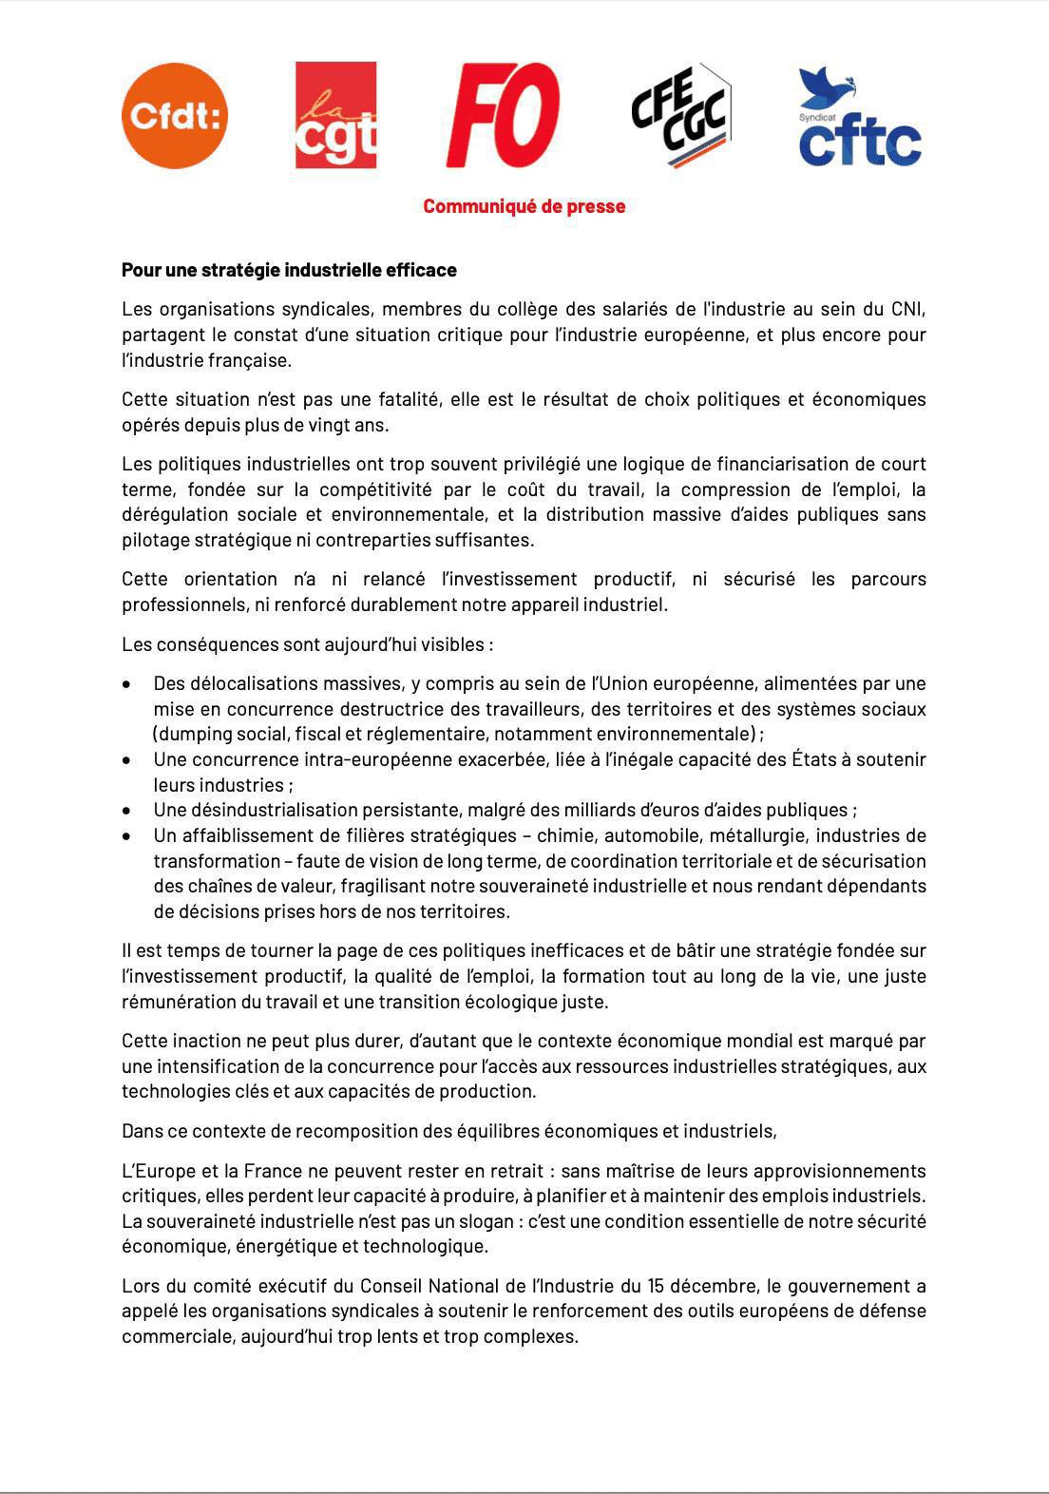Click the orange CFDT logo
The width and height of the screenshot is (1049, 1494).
point(175,116)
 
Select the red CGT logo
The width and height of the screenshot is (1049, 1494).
point(335,116)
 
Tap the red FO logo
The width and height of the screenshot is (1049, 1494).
point(503,116)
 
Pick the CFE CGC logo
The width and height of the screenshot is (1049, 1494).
point(680,116)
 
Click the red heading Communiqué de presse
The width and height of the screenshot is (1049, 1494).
point(524,206)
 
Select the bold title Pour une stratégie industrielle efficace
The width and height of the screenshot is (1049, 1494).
point(289,270)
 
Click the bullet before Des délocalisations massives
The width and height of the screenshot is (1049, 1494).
point(127,684)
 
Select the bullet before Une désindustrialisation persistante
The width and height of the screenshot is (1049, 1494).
point(127,811)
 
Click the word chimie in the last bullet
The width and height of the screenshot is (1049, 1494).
point(564,835)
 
